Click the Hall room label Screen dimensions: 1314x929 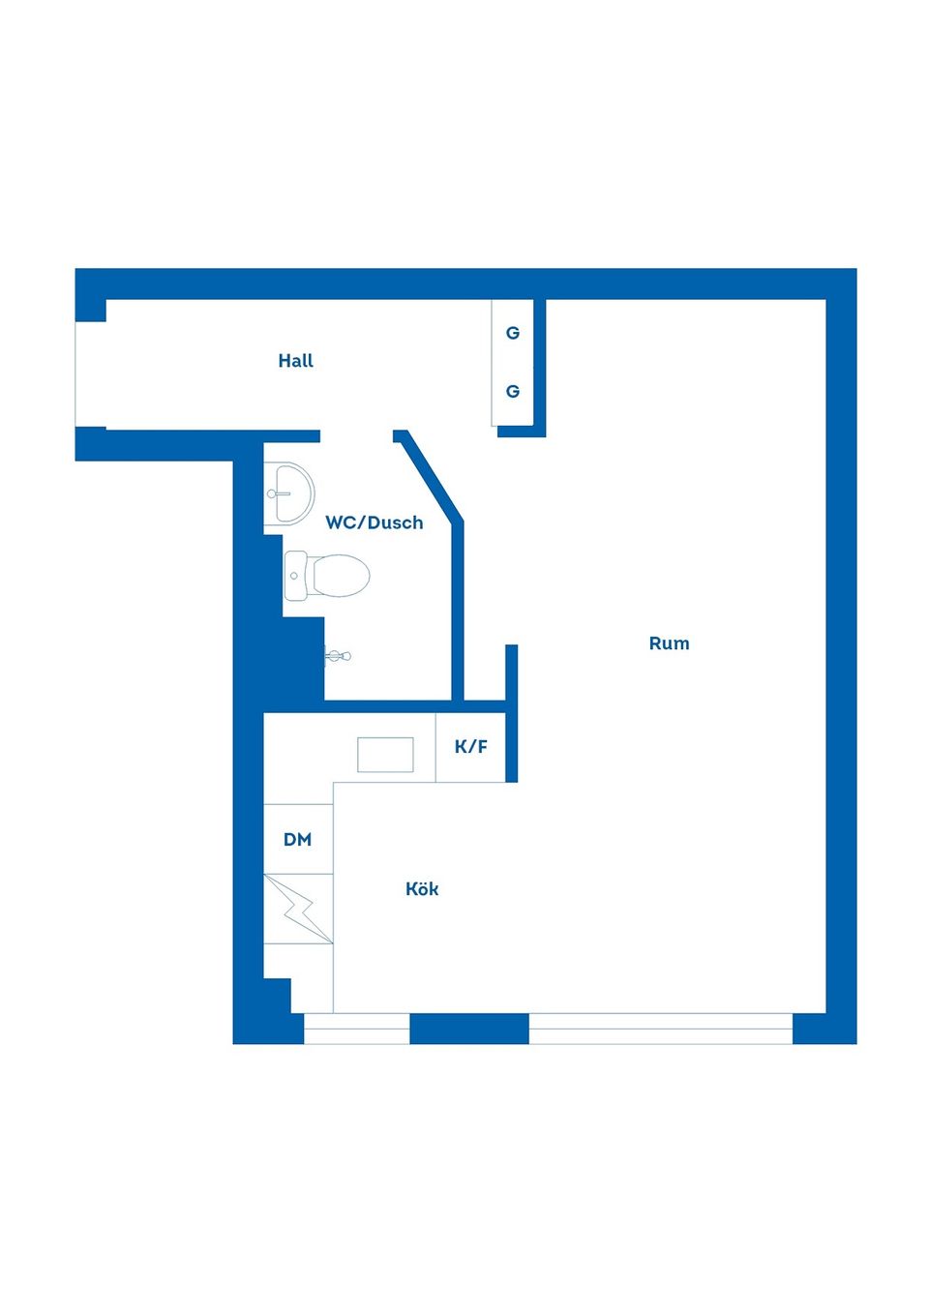[295, 361]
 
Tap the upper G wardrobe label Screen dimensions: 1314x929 [513, 333]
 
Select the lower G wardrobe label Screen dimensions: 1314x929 [513, 392]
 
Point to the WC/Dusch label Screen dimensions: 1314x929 [374, 523]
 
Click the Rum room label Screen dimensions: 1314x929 [669, 643]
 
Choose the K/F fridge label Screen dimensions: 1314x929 [471, 747]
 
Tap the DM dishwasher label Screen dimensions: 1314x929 [297, 840]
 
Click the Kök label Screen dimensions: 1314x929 [422, 889]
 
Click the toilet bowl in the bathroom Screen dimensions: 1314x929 [340, 576]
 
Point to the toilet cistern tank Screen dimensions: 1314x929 [295, 576]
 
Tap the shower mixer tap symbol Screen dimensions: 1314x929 [338, 656]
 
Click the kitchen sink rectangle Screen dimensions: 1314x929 [385, 755]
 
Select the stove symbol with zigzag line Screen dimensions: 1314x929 [298, 909]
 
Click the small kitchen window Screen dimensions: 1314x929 [356, 1029]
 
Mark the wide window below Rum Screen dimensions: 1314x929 [660, 1029]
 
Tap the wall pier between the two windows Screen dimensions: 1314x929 [469, 1029]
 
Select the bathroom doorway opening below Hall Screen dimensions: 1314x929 [356, 436]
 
